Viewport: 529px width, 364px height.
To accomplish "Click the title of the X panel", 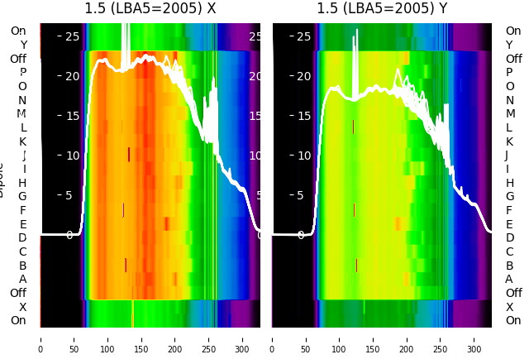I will pos(150,9).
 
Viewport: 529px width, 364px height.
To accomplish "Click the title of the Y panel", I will pos(382,9).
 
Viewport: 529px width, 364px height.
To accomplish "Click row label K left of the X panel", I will pos(23,141).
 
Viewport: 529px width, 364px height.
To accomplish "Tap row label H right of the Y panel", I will pos(509,183).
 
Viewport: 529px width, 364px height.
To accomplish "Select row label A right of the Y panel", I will pos(509,279).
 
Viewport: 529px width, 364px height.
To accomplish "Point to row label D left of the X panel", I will pos(23,238).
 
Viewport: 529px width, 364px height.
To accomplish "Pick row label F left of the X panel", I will pos(23,210).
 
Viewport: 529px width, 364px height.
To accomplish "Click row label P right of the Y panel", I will pos(509,73).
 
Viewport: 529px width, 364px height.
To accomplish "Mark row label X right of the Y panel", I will pos(509,307).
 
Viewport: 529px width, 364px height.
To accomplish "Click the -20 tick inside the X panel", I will pos(69,76).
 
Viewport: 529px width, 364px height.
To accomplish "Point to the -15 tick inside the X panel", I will pos(69,116).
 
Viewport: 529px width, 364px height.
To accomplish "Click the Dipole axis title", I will pos(3,178).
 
